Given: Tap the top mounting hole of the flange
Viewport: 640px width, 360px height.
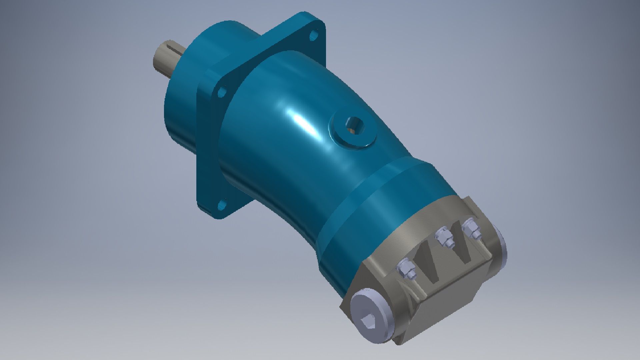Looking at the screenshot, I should pos(313,35).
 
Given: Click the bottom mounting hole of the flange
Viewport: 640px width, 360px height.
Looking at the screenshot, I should pos(221,204).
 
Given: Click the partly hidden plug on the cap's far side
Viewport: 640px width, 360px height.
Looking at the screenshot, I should pos(500,247).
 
